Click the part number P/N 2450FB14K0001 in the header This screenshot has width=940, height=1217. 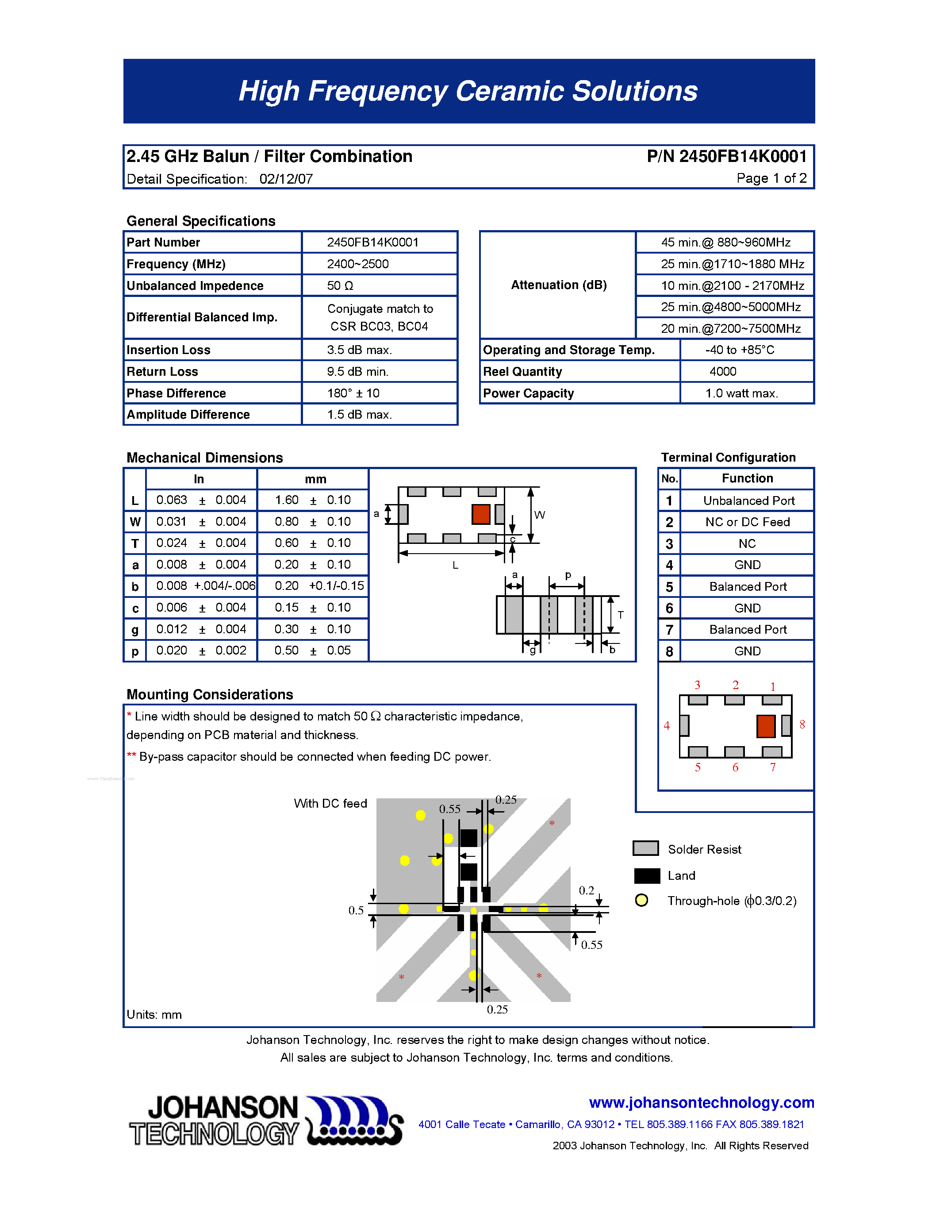[x=726, y=157]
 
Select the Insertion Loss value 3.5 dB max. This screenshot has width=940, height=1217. [x=359, y=350]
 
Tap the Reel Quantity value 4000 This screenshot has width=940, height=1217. [x=722, y=372]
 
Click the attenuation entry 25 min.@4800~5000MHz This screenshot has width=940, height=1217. [x=731, y=307]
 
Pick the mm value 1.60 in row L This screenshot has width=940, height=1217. [x=287, y=500]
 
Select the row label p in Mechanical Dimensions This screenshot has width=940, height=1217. [x=135, y=651]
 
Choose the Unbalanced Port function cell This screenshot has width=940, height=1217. [x=748, y=501]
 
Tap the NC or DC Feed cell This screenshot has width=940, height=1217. [x=747, y=522]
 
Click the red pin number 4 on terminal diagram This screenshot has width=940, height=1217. [x=667, y=725]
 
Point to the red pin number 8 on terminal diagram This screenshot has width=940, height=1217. [x=802, y=724]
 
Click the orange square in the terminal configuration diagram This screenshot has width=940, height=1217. [x=766, y=726]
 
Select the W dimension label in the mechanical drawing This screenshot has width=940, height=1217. [x=539, y=515]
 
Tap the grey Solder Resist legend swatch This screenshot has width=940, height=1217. [x=645, y=848]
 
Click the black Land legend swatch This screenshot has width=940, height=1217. [x=647, y=875]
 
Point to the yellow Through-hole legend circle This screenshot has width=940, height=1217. [x=641, y=901]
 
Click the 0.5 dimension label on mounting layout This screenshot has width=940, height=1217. [x=356, y=910]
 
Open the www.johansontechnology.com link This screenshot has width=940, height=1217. [x=701, y=1102]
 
